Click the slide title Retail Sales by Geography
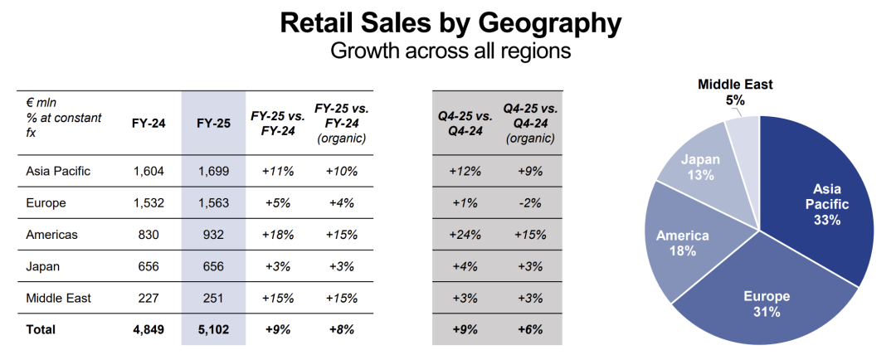coord(450,23)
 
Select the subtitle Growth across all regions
coord(450,51)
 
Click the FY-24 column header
coord(149,124)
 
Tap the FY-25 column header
coord(213,124)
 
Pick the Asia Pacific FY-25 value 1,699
coord(213,172)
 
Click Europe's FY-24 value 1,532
coord(149,203)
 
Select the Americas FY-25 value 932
coord(213,235)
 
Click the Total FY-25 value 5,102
coord(213,329)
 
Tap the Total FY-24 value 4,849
coord(149,329)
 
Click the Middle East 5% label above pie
coord(735,91)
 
